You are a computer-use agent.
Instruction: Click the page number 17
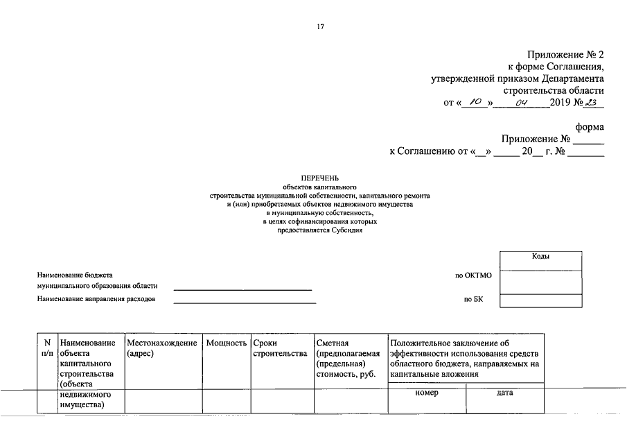pos(320,27)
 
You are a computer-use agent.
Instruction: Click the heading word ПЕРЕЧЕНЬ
pos(319,178)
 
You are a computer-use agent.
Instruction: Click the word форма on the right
pos(590,127)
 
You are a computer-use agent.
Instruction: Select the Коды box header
pos(541,257)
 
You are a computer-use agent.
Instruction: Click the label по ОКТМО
pos(473,275)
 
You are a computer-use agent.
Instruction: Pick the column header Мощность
pos(227,343)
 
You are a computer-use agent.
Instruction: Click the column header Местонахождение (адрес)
pos(163,348)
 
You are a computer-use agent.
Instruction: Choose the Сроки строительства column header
pos(280,348)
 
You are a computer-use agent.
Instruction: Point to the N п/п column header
pos(47,348)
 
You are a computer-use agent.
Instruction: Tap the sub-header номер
pos(427,393)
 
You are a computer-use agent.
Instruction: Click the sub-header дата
pos(505,393)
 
